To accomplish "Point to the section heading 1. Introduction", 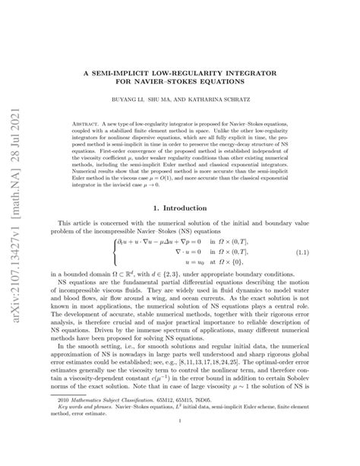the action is tap(197, 207).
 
